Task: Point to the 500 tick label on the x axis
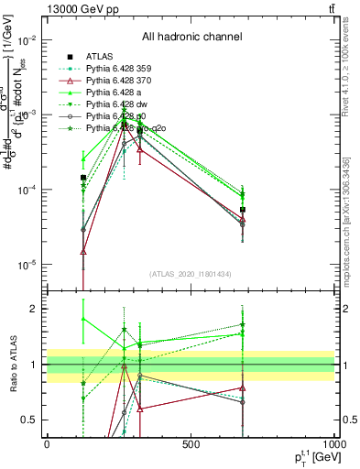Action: (x=191, y=444)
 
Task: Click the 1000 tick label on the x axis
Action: (x=334, y=444)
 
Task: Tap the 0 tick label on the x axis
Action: (x=47, y=444)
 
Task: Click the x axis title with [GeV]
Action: (x=311, y=457)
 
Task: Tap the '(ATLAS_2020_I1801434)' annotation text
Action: (x=191, y=275)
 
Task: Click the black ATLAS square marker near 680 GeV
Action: (x=243, y=210)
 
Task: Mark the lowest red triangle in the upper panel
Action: (x=83, y=251)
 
